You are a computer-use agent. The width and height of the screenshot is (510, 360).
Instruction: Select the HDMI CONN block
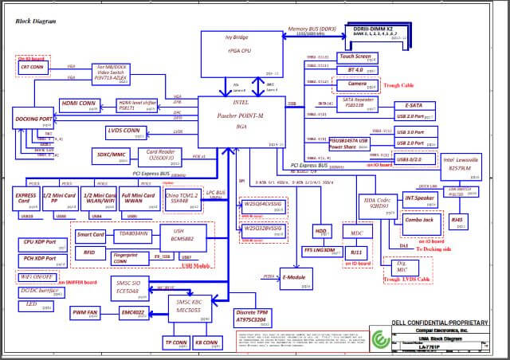pos(80,104)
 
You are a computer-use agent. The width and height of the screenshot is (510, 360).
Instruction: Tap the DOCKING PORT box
pos(33,119)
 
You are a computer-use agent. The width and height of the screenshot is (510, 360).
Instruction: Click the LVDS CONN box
pos(124,131)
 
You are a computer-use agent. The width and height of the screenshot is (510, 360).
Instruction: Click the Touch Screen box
pos(355,57)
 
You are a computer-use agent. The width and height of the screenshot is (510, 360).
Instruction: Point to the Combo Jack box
pos(419,219)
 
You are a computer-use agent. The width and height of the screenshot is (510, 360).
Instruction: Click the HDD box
pos(321,231)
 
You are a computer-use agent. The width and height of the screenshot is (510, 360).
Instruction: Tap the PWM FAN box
pos(85,311)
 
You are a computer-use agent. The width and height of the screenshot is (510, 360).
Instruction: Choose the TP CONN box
pos(175,343)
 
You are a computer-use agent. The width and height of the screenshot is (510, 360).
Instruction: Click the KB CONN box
pos(206,343)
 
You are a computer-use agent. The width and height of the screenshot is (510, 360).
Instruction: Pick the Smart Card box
pos(90,236)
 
